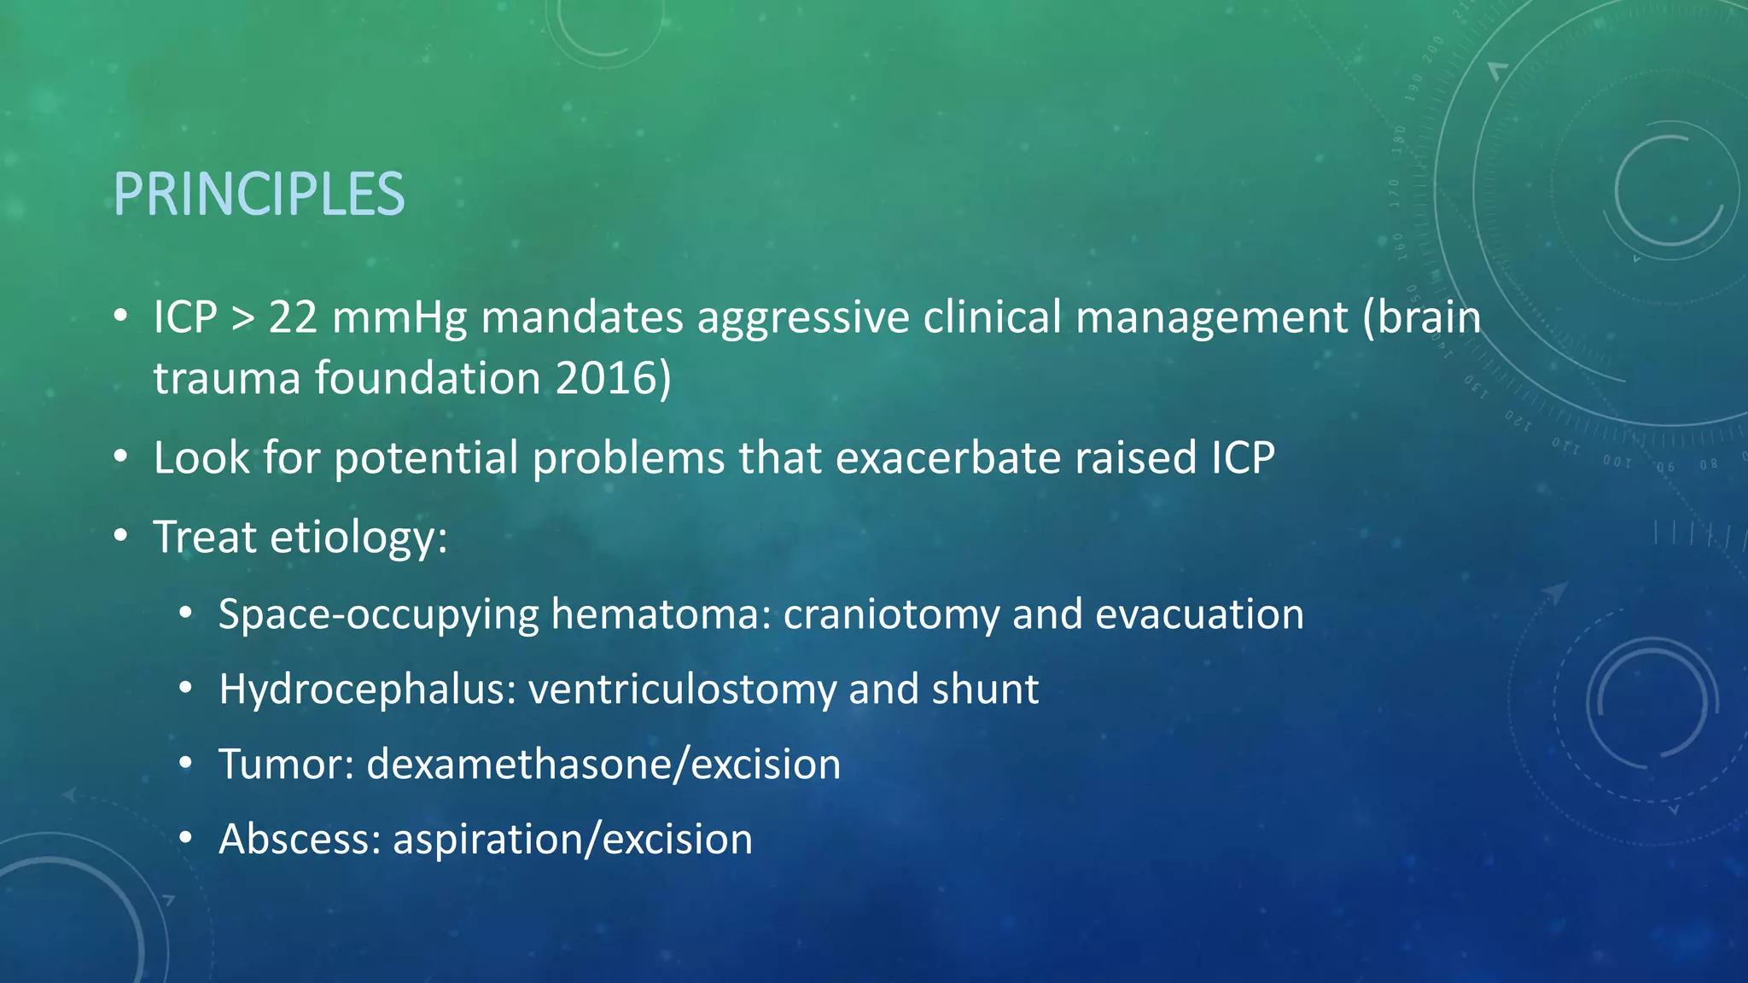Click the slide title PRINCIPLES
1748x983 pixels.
tap(259, 195)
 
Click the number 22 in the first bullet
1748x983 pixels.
tap(293, 317)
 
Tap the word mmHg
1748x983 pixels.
tap(399, 317)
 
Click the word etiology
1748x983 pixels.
tap(358, 538)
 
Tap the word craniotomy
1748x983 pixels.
tap(891, 615)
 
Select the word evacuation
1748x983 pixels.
tap(1199, 615)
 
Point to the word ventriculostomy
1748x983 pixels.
tap(682, 689)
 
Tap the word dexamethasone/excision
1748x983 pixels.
tap(603, 764)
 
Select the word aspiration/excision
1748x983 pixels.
tap(573, 839)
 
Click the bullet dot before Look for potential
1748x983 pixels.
tap(121, 458)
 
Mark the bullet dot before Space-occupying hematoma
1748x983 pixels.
tap(186, 614)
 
